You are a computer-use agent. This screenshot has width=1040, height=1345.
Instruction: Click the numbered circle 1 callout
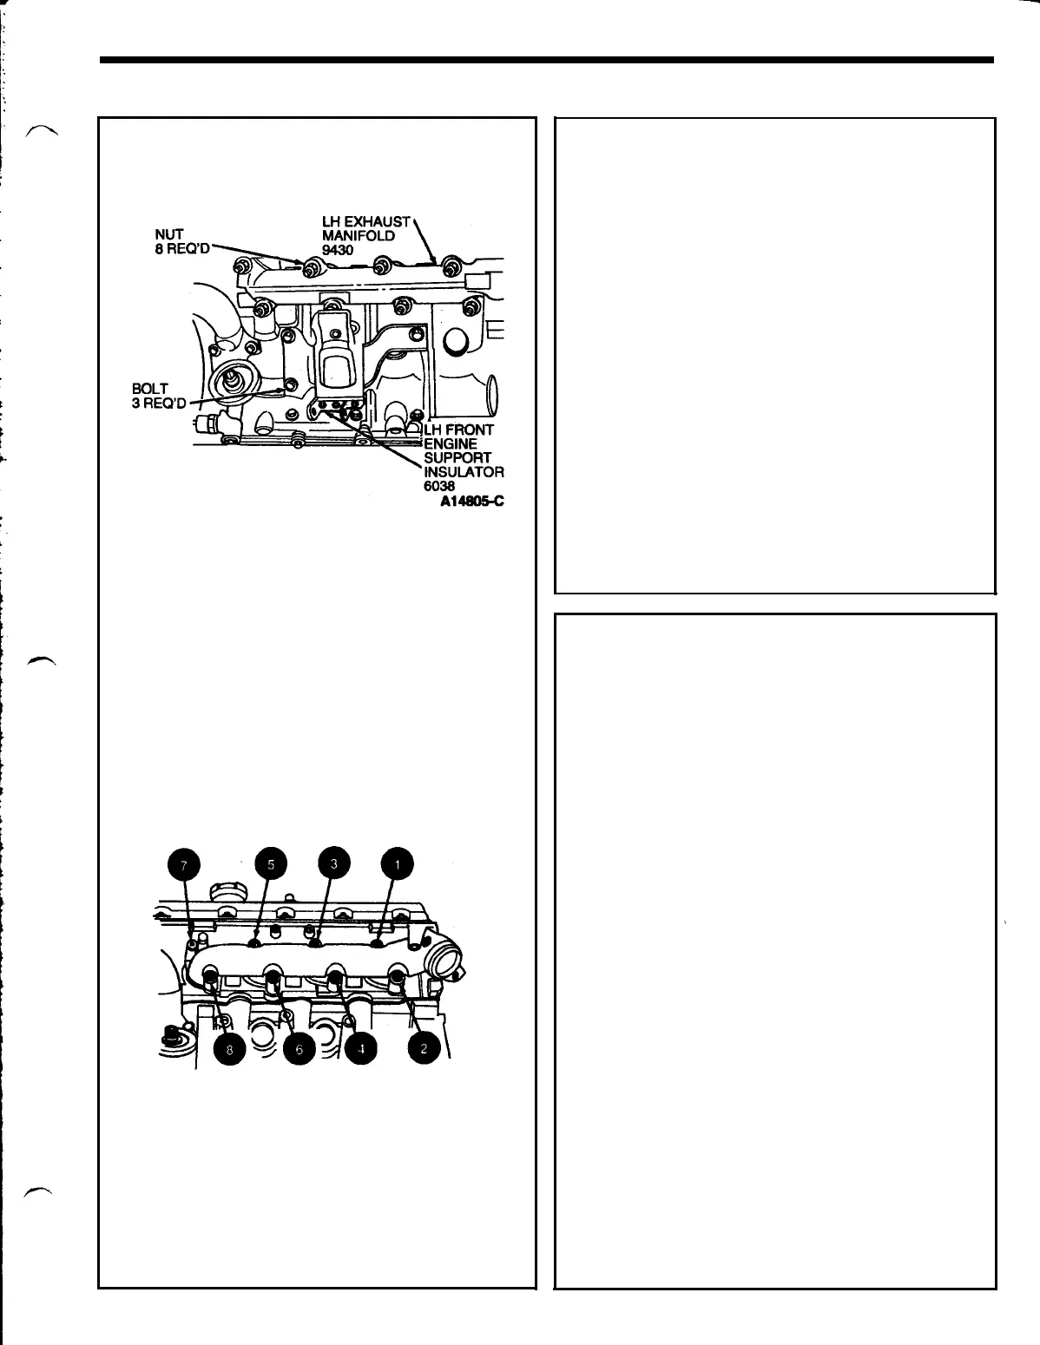(397, 864)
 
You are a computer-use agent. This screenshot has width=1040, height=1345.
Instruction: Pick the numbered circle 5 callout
(271, 864)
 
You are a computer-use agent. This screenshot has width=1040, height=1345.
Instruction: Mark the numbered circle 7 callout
(184, 864)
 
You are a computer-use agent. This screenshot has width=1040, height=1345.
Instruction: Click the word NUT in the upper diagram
(164, 233)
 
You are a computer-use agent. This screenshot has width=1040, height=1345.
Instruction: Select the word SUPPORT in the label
(457, 458)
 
